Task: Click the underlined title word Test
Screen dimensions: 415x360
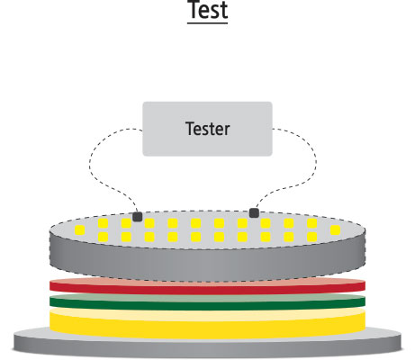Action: (208, 10)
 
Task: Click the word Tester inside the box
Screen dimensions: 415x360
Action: (208, 129)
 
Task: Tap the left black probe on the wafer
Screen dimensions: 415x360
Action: (138, 217)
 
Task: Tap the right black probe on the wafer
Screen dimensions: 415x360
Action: (254, 212)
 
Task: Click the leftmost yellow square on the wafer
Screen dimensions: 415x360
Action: (80, 230)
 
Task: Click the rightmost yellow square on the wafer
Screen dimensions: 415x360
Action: (335, 230)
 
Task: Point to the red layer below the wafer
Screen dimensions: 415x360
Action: (208, 287)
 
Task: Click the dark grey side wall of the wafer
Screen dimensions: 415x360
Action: (208, 264)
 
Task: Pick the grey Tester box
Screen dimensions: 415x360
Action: (207, 129)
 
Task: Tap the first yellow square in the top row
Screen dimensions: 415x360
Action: (103, 223)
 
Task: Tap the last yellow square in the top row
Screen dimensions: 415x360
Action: (312, 223)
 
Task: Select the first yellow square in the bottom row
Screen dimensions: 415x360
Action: (103, 237)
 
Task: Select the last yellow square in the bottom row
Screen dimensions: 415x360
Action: (312, 237)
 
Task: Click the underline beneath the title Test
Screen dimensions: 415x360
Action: (208, 22)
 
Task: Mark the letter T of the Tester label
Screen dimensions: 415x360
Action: (190, 129)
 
